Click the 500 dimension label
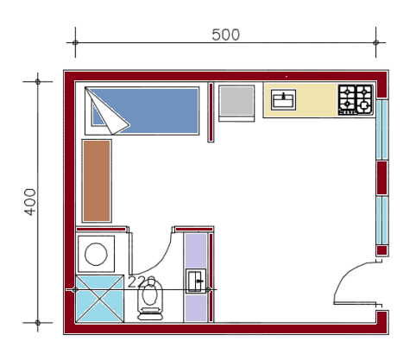(x=225, y=35)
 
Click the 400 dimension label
(x=30, y=202)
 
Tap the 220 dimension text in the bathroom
(x=142, y=282)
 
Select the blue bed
(x=142, y=111)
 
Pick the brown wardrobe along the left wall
(x=97, y=181)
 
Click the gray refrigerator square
(x=236, y=103)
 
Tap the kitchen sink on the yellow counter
(x=283, y=99)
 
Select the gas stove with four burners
(x=356, y=99)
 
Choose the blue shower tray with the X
(x=99, y=299)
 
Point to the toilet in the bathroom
(x=150, y=300)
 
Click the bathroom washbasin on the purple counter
(x=196, y=281)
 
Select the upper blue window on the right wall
(x=382, y=129)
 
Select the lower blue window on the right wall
(x=382, y=220)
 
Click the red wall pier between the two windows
(x=382, y=178)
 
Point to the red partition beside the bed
(x=211, y=112)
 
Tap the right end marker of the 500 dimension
(x=375, y=42)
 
